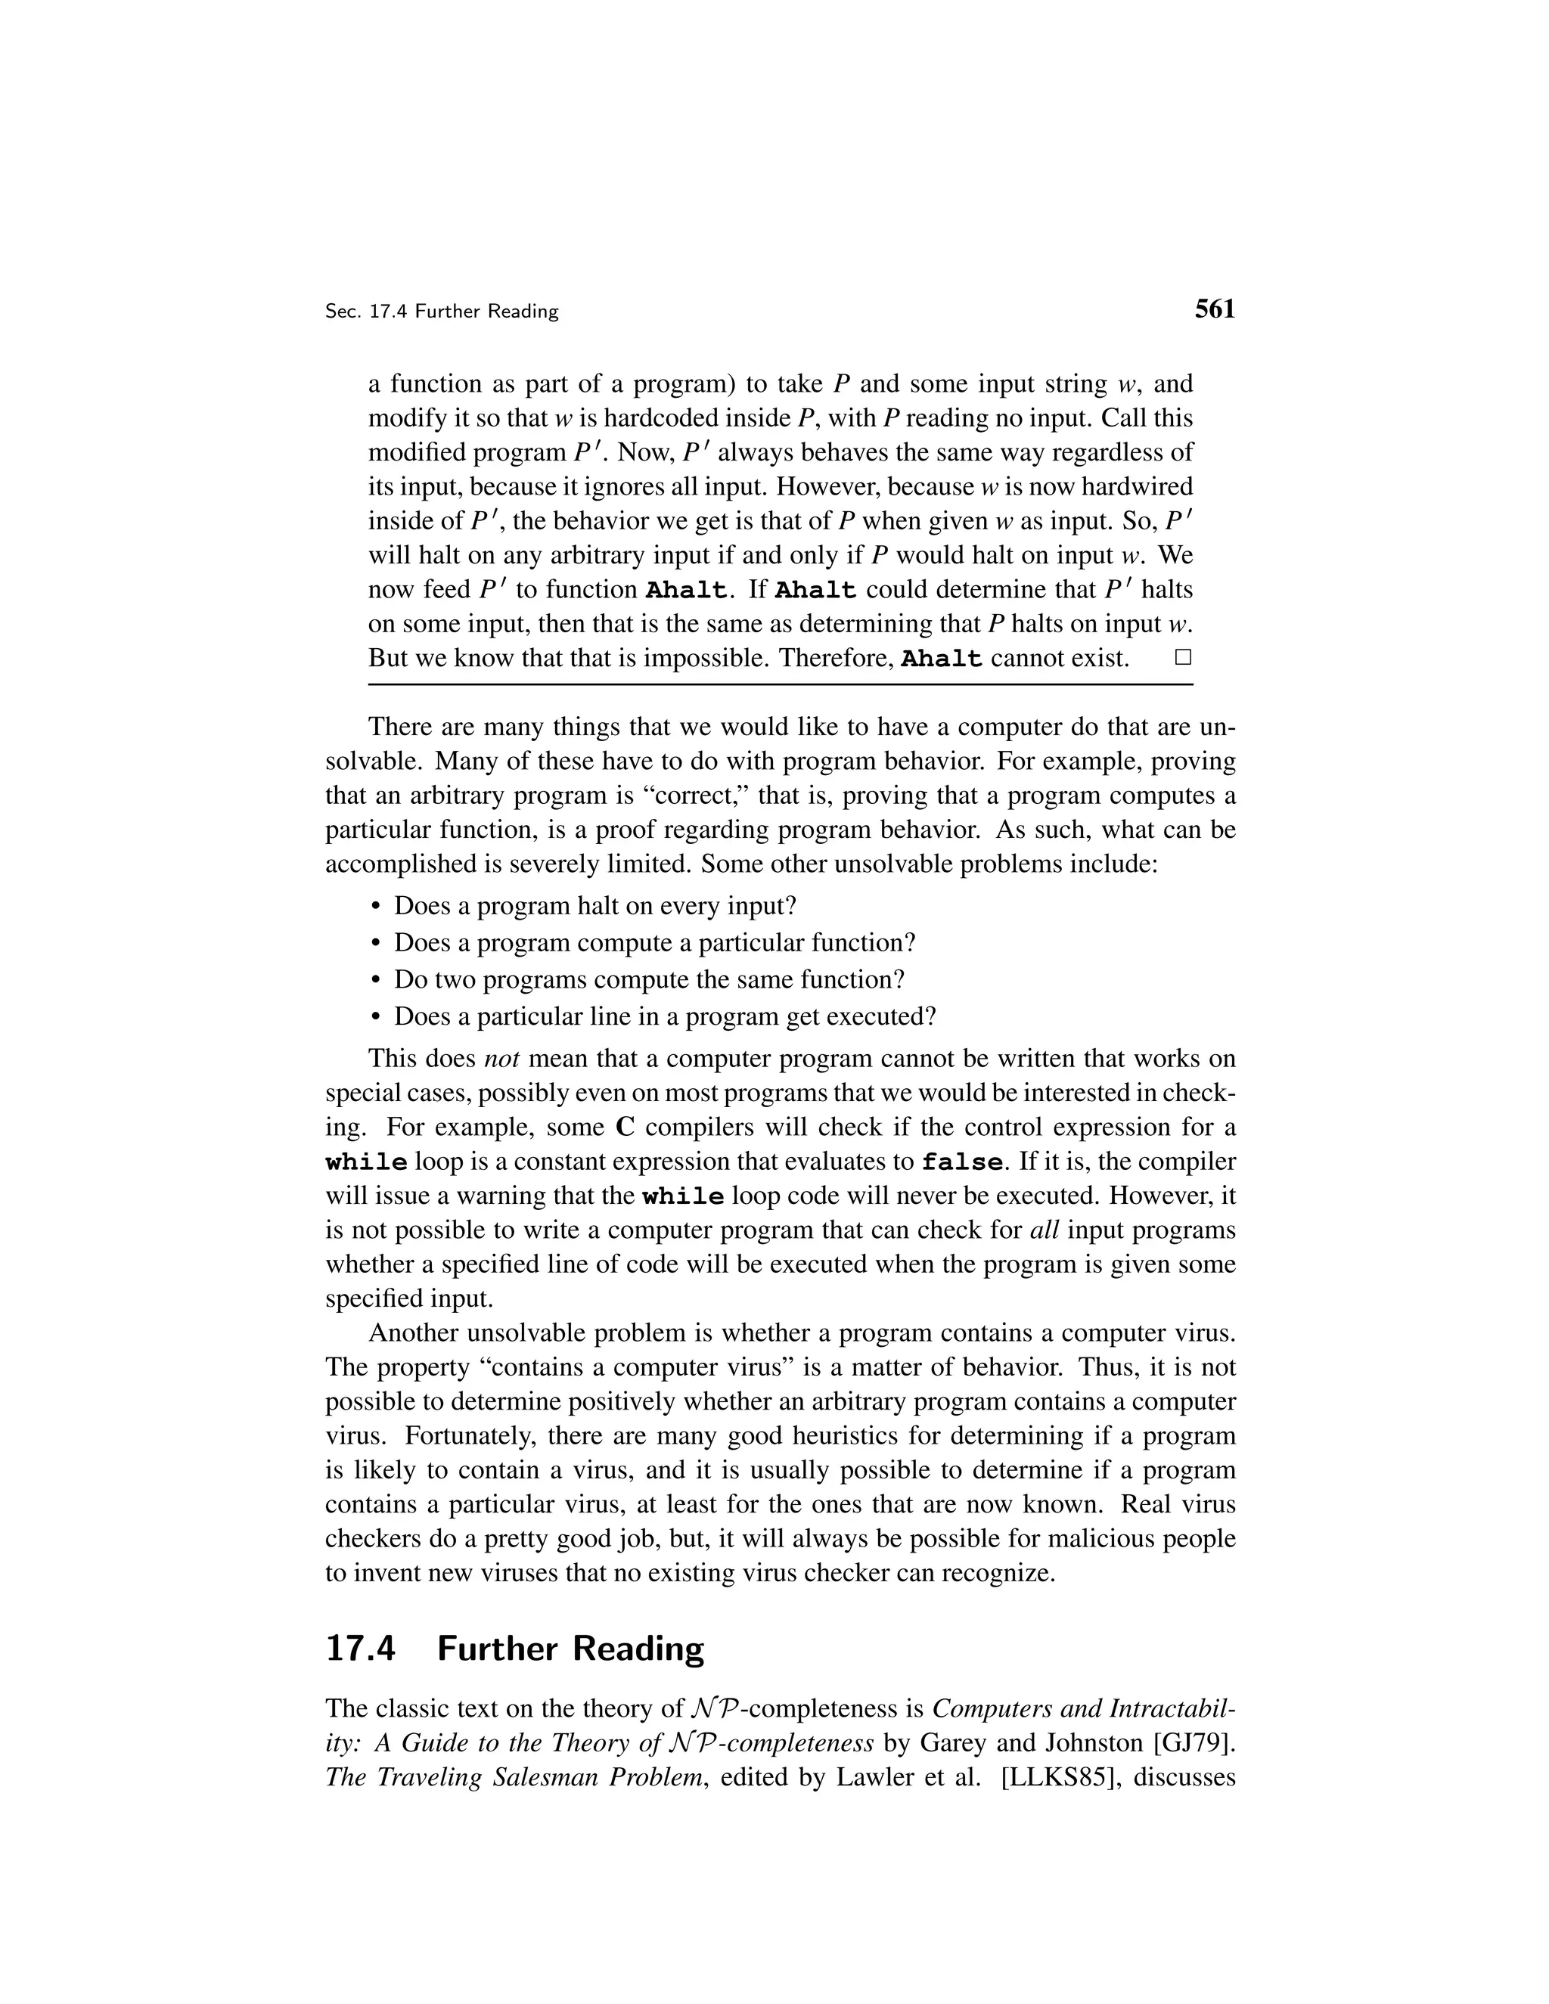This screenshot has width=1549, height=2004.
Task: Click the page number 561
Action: coord(1214,309)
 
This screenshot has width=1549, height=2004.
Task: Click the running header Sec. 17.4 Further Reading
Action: coord(442,312)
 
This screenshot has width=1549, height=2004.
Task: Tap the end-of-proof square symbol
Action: coord(1183,657)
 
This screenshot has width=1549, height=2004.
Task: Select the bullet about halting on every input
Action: coord(594,907)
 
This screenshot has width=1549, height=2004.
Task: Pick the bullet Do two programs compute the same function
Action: coord(649,980)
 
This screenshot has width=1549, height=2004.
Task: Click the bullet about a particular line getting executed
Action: coord(664,1016)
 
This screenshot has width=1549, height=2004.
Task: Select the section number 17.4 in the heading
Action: coord(360,1649)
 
